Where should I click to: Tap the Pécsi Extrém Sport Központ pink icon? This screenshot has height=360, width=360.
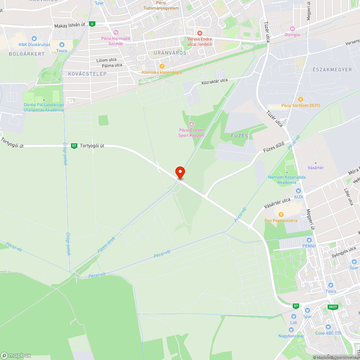pyautogui.click(x=191, y=124)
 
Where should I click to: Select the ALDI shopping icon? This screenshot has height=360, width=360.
pyautogui.click(x=298, y=191)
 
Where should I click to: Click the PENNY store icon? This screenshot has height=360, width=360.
pyautogui.click(x=309, y=240)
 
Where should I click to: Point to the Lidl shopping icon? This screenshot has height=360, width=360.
pyautogui.click(x=293, y=316)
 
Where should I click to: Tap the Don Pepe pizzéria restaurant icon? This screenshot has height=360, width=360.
pyautogui.click(x=281, y=215)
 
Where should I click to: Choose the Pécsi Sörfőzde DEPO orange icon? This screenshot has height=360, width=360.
pyautogui.click(x=300, y=99)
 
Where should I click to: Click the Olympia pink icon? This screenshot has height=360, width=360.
pyautogui.click(x=292, y=29)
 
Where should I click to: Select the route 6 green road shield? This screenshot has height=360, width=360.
pyautogui.click(x=93, y=24)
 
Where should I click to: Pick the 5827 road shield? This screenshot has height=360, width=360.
pyautogui.click(x=333, y=307)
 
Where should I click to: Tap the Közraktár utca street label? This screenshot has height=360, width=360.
pyautogui.click(x=215, y=81)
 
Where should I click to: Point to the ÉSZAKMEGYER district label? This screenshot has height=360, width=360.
pyautogui.click(x=332, y=69)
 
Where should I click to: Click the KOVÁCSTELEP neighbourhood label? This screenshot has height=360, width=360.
pyautogui.click(x=87, y=74)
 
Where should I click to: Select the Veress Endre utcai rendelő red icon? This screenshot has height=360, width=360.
pyautogui.click(x=199, y=33)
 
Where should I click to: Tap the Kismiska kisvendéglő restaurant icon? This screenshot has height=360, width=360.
pyautogui.click(x=162, y=66)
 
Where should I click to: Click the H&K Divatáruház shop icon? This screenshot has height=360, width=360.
pyautogui.click(x=34, y=39)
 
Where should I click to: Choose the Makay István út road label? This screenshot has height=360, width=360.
pyautogui.click(x=70, y=26)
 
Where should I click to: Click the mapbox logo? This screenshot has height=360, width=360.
pyautogui.click(x=16, y=355)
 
